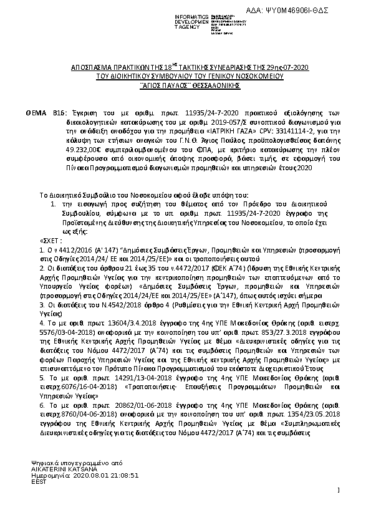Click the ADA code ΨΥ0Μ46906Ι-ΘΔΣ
pos(293,11)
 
